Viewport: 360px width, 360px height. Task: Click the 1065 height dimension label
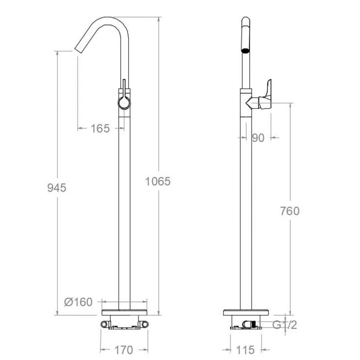158,181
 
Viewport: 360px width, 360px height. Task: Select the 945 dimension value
57,187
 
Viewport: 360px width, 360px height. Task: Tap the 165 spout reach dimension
100,129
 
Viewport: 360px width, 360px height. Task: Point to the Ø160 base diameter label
78,302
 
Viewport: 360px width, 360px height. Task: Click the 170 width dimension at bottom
124,350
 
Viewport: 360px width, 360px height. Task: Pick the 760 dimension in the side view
290,211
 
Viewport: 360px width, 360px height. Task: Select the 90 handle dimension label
258,138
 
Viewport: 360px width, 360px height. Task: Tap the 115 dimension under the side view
245,350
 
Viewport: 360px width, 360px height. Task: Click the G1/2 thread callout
285,325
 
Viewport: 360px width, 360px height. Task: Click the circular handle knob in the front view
124,103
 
